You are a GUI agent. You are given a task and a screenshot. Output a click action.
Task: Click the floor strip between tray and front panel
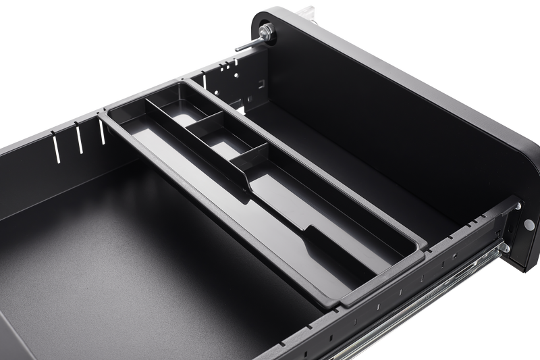tap(378, 169)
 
